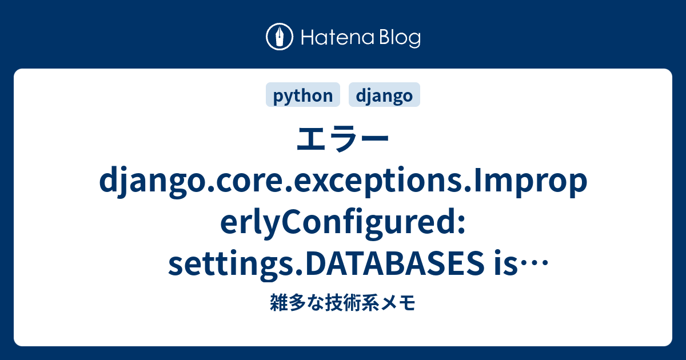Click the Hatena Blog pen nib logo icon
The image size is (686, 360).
pos(280,37)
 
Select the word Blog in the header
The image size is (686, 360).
pos(400,39)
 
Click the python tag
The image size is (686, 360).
pos(303,95)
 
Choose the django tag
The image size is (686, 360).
pos(384,95)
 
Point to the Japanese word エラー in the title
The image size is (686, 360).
pos(343,139)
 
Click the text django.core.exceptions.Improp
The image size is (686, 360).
pos(343,182)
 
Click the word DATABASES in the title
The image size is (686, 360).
pos(389,263)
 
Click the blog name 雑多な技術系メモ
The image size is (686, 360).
pos(343,302)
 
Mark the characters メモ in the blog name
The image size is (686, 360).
pos(397,303)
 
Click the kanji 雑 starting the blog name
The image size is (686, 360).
pos(279,302)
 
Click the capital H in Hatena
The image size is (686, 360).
pos(308,37)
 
